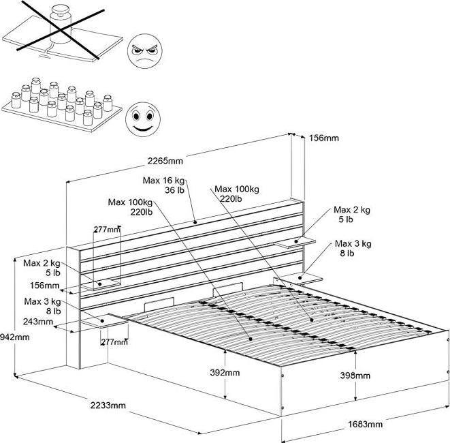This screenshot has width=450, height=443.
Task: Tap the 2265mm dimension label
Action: [x=165, y=161]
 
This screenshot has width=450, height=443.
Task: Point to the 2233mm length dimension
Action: [x=108, y=406]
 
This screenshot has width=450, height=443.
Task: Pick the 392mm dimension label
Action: [x=224, y=373]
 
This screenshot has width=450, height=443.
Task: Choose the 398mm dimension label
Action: [x=355, y=376]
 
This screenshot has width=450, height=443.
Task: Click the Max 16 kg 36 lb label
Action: [x=165, y=185]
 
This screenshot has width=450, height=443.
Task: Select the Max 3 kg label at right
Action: [x=353, y=248]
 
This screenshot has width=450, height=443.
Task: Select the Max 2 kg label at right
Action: [x=351, y=214]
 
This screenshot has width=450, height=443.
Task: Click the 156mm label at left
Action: [x=44, y=286]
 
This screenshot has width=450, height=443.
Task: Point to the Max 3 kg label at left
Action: [x=43, y=305]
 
